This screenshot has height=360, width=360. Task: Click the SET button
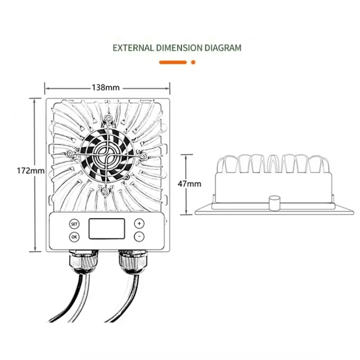tap(74, 224)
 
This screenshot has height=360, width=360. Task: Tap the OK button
tap(74, 237)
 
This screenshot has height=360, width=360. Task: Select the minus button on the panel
tap(139, 237)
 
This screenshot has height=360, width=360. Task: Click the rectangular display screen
tap(107, 229)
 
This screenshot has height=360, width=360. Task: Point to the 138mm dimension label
tap(106, 88)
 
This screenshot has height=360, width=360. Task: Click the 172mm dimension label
tap(31, 171)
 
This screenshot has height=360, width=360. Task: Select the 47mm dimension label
tap(189, 184)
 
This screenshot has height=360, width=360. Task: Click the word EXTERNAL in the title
tap(133, 48)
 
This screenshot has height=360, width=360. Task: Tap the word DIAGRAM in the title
tap(223, 48)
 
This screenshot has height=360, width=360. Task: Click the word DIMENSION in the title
tap(179, 48)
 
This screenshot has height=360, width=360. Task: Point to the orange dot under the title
tap(193, 62)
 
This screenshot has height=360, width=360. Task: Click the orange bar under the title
tap(173, 62)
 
